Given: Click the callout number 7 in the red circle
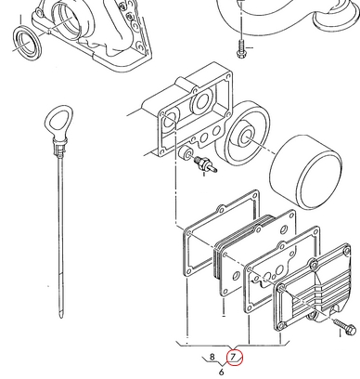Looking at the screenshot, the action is [x=234, y=356].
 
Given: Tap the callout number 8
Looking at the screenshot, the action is [x=212, y=357].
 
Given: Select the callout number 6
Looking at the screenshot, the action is [x=221, y=372].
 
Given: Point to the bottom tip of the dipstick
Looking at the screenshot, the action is [x=61, y=317].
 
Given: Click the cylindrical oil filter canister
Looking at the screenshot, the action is [x=306, y=172].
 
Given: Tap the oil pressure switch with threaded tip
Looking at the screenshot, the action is [x=205, y=164].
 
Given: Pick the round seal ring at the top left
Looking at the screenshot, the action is [x=27, y=43].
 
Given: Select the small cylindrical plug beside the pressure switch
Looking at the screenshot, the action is [x=186, y=153].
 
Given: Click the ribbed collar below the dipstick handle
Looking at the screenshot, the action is [x=59, y=146].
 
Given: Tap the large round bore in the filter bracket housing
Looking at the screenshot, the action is [x=201, y=101].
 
